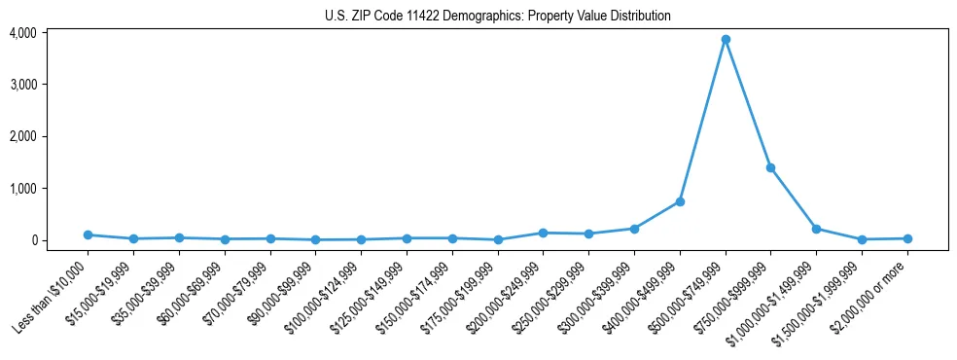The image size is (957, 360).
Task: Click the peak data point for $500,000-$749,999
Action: [726, 40]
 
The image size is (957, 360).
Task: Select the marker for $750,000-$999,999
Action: [770, 167]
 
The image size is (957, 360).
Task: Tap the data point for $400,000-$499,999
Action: [680, 201]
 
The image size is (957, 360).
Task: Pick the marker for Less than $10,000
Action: [88, 234]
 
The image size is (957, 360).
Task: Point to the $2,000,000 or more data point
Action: [907, 238]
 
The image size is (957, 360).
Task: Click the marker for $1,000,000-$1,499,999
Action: [816, 229]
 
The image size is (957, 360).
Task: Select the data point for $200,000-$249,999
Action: [543, 233]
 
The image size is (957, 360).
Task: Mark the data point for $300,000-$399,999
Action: [634, 229]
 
